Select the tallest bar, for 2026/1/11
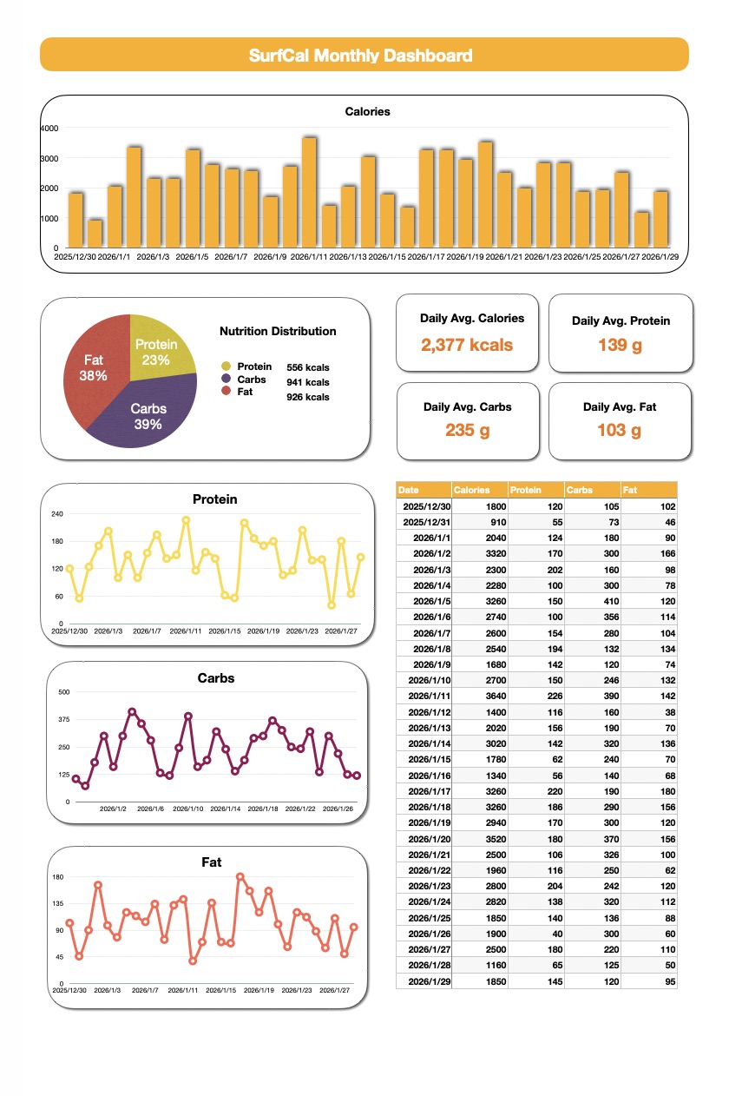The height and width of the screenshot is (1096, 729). (x=309, y=193)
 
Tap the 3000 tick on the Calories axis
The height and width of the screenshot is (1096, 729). (x=49, y=158)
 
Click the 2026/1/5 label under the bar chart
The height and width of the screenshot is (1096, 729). (x=193, y=257)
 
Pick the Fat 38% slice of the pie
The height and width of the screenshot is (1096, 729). (x=93, y=367)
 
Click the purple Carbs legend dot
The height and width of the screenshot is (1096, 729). (x=227, y=379)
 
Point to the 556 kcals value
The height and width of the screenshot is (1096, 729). (x=308, y=367)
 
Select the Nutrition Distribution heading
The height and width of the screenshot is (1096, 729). (x=278, y=331)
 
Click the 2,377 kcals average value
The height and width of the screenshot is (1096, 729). (x=467, y=345)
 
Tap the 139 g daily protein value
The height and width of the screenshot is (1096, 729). (x=621, y=345)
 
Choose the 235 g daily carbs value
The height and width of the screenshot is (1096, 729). (x=467, y=430)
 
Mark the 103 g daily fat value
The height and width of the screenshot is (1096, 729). (x=620, y=430)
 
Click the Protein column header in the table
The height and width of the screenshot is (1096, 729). (x=525, y=490)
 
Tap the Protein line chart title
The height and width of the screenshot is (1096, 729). (x=214, y=499)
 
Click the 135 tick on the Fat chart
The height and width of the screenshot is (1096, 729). (x=58, y=904)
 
